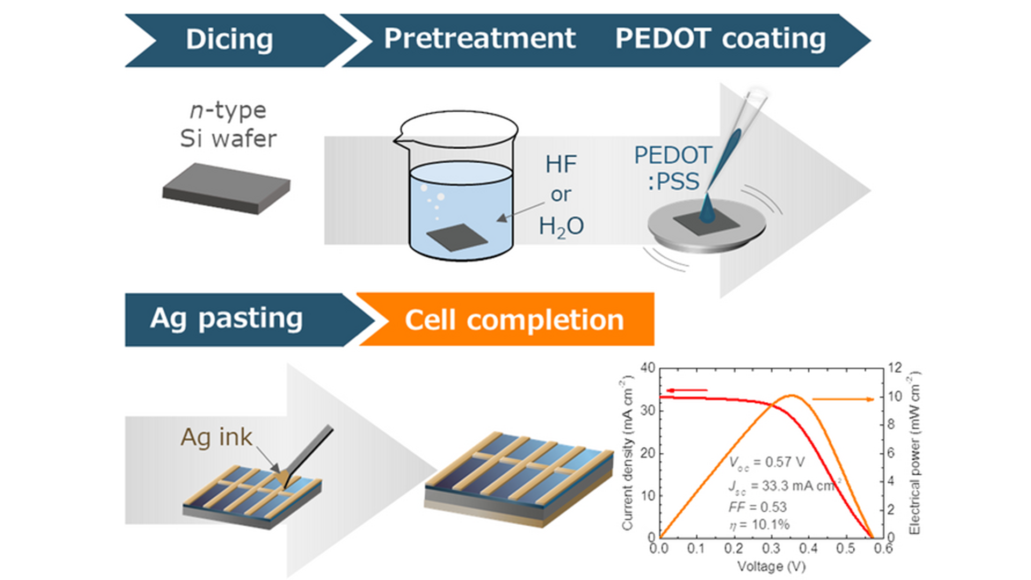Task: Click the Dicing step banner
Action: pyautogui.click(x=229, y=40)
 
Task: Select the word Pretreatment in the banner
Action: pyautogui.click(x=480, y=39)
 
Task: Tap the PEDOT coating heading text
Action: pyautogui.click(x=720, y=39)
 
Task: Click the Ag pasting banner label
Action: pyautogui.click(x=226, y=318)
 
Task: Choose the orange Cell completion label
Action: pyautogui.click(x=514, y=320)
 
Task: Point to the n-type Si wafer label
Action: pyautogui.click(x=228, y=125)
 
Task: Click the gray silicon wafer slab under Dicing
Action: pyautogui.click(x=226, y=188)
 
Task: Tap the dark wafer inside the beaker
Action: pyautogui.click(x=456, y=237)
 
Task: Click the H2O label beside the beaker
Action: pyautogui.click(x=561, y=227)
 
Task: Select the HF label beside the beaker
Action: pyautogui.click(x=561, y=164)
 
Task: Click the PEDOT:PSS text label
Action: pyautogui.click(x=673, y=168)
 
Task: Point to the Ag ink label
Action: pyautogui.click(x=216, y=437)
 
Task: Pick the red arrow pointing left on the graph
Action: pyautogui.click(x=687, y=390)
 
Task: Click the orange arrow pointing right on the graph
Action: pyautogui.click(x=843, y=399)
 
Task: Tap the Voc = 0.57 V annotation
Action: pyautogui.click(x=766, y=463)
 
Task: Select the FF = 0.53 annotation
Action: pyautogui.click(x=757, y=507)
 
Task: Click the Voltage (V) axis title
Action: pyautogui.click(x=771, y=566)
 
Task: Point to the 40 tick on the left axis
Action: pyautogui.click(x=648, y=368)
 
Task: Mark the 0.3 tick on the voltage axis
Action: pyautogui.click(x=771, y=548)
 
